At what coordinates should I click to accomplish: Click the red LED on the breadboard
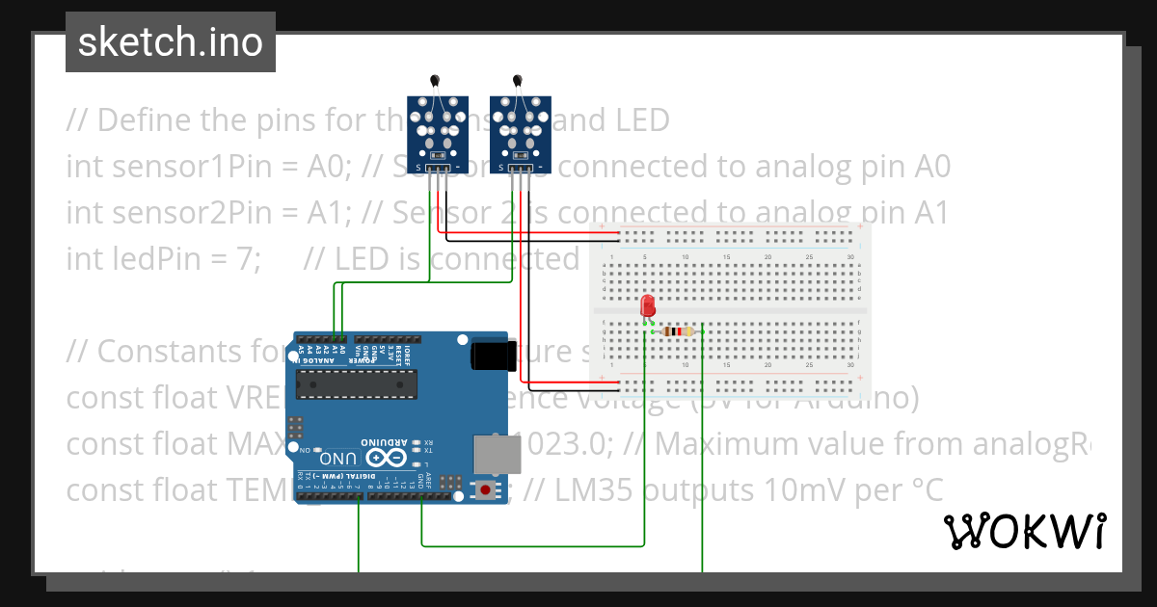click(x=647, y=306)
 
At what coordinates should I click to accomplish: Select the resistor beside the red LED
click(x=680, y=331)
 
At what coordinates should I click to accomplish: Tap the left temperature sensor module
click(x=437, y=130)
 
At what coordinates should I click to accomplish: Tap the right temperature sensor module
click(x=520, y=130)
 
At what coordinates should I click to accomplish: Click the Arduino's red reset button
click(x=484, y=490)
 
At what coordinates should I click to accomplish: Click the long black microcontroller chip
click(x=357, y=384)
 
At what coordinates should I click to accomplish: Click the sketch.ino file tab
click(x=170, y=42)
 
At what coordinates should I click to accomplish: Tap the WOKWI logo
click(x=1024, y=531)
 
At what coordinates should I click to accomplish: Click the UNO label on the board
click(x=339, y=458)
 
